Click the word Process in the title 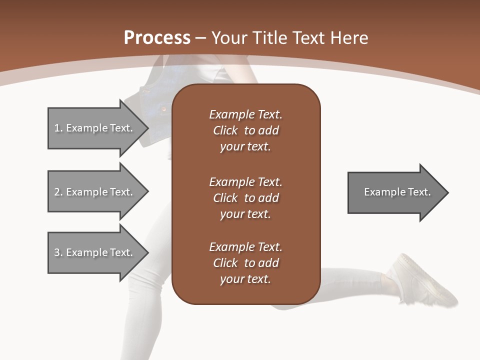coord(157,38)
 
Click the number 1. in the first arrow coord(58,128)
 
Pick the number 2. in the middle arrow coord(58,192)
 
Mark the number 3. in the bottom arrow coord(58,252)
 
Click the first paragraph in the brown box coord(245,130)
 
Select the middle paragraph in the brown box coord(245,197)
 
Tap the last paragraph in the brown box coord(245,263)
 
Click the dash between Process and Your coord(201,38)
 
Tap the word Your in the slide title coord(230,38)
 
